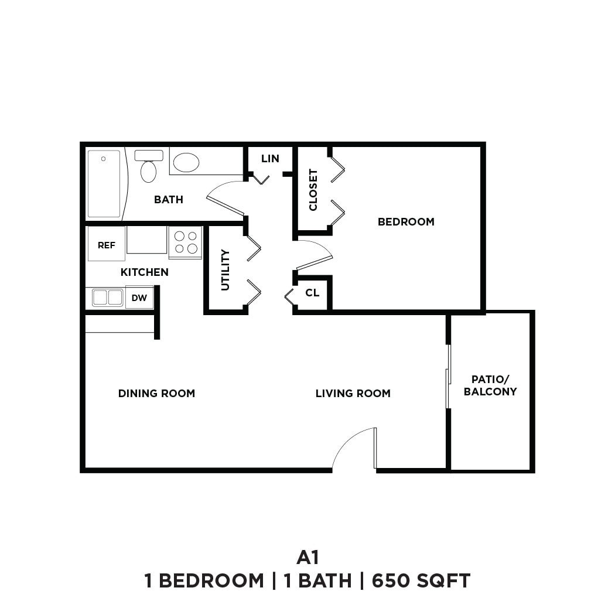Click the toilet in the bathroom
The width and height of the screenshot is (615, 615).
(149, 167)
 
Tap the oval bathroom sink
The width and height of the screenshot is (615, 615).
(186, 162)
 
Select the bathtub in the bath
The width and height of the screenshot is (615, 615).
(104, 184)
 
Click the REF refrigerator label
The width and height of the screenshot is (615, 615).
(106, 245)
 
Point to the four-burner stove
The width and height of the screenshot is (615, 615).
(185, 242)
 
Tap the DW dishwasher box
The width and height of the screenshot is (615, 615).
(139, 298)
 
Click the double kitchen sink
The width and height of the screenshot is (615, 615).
(107, 298)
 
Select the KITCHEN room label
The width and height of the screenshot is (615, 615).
(144, 272)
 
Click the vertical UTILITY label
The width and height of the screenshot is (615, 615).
(225, 270)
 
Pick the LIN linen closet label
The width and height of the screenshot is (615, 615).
(270, 159)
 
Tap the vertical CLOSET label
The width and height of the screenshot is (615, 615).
(313, 190)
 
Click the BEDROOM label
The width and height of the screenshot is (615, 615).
(406, 222)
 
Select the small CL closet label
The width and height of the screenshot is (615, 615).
(312, 292)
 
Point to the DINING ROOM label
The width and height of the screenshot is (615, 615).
(156, 394)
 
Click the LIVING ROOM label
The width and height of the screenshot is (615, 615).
(353, 394)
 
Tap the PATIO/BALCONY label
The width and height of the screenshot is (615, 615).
(490, 385)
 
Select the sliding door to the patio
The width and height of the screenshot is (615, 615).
(448, 376)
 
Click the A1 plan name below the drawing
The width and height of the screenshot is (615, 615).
(307, 556)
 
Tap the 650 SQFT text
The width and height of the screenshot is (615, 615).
(421, 581)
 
